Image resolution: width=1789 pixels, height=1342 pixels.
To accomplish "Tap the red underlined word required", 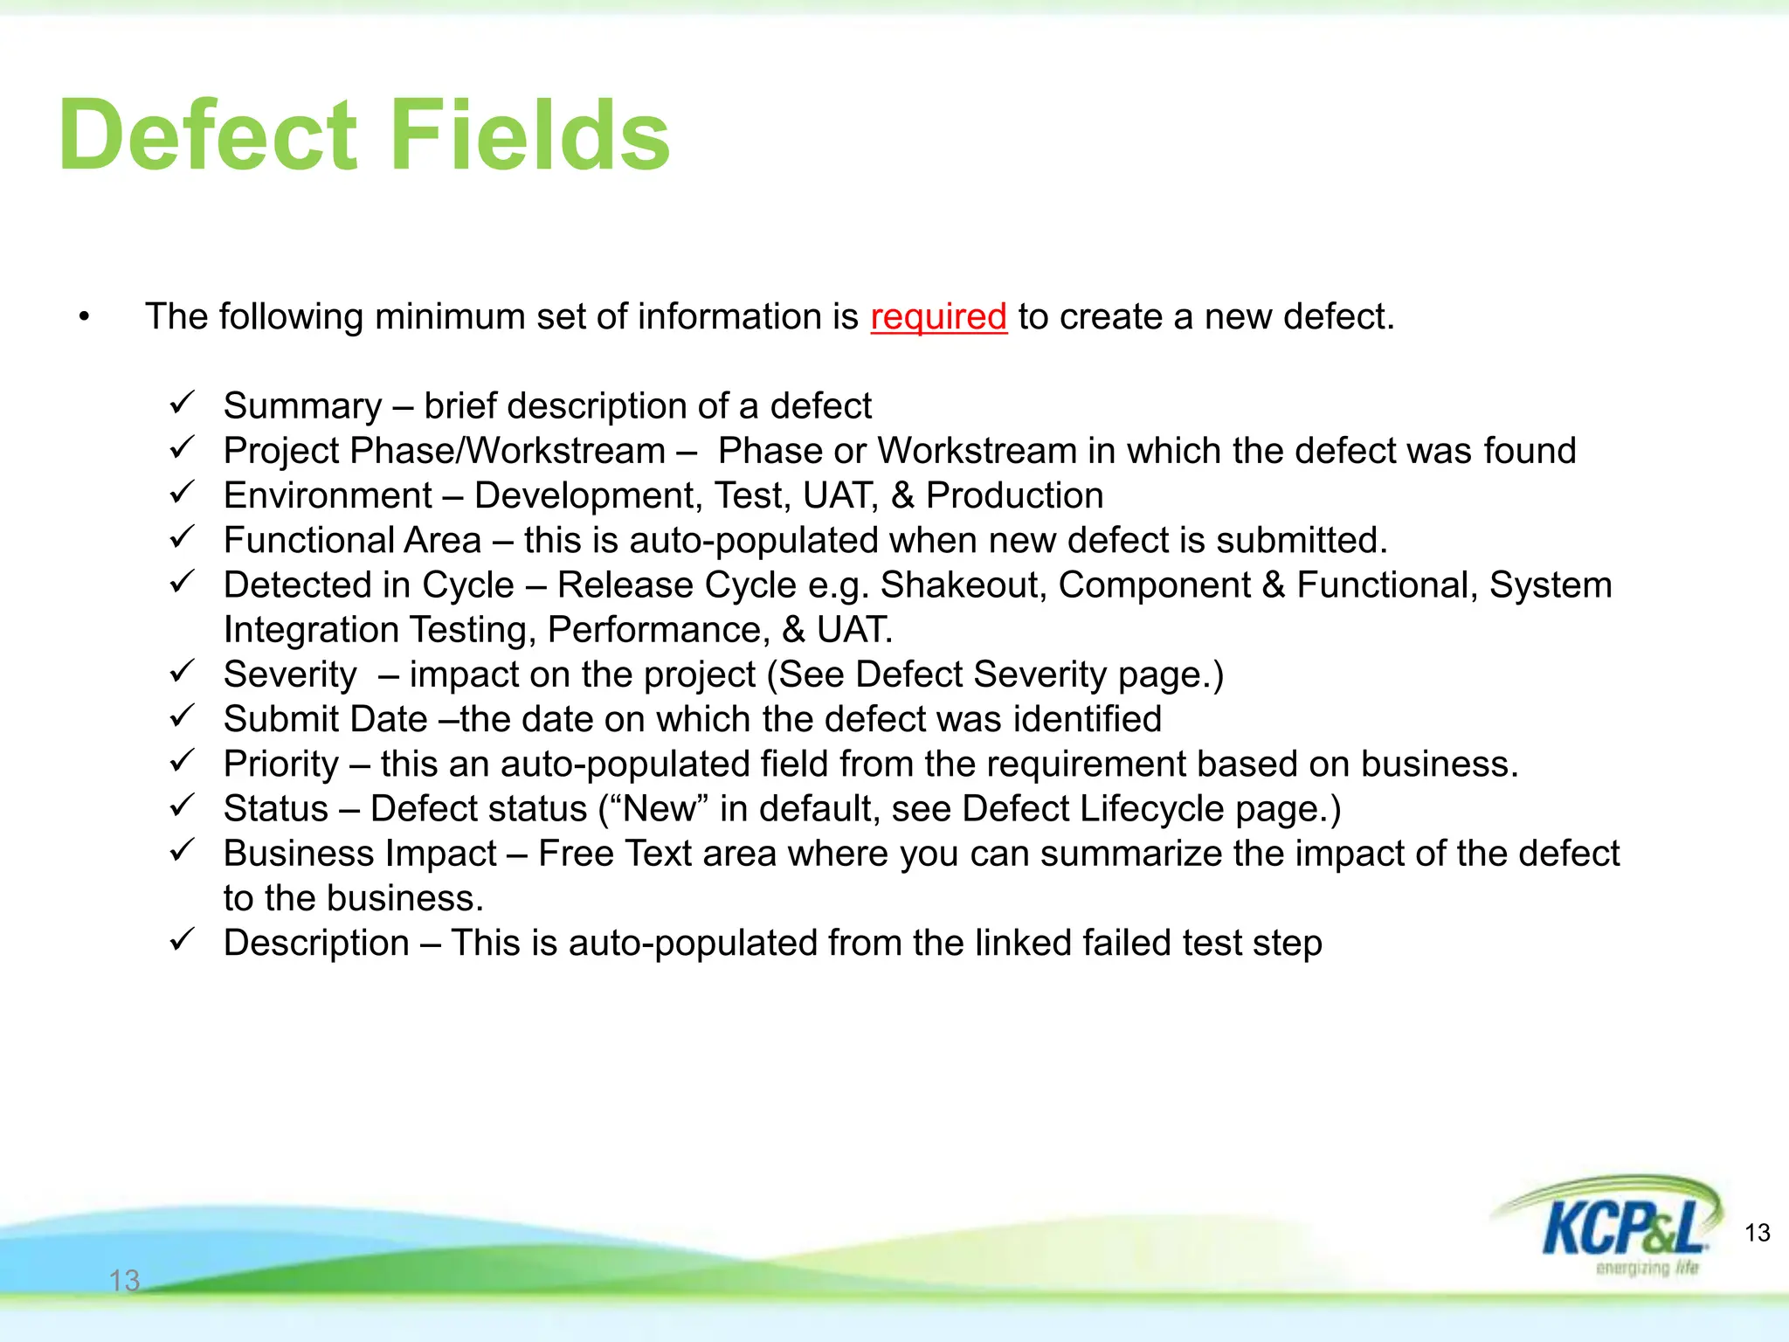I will pyautogui.click(x=938, y=317).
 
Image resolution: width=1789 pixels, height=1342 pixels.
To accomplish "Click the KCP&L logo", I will pyautogui.click(x=1616, y=1223).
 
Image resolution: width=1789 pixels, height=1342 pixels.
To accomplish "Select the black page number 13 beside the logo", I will pyautogui.click(x=1757, y=1233).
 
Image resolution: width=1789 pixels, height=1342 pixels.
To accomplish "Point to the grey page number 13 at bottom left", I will pyautogui.click(x=124, y=1280).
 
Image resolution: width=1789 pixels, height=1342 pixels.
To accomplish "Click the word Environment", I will pyautogui.click(x=328, y=496).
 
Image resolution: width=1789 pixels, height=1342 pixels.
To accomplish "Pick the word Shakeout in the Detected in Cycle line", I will pyautogui.click(x=963, y=585).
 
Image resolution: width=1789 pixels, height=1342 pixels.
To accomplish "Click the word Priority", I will pyautogui.click(x=280, y=764).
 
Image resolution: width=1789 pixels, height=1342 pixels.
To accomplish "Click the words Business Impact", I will pyautogui.click(x=360, y=854).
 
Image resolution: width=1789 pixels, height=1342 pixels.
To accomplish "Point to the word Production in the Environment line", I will pyautogui.click(x=1014, y=496).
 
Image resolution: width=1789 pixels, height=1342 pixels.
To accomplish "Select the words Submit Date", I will pyautogui.click(x=325, y=720).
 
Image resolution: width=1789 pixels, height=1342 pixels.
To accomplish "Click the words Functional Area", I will pyautogui.click(x=352, y=541).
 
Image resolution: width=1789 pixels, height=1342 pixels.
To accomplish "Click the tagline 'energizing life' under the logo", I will pyautogui.click(x=1647, y=1268).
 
